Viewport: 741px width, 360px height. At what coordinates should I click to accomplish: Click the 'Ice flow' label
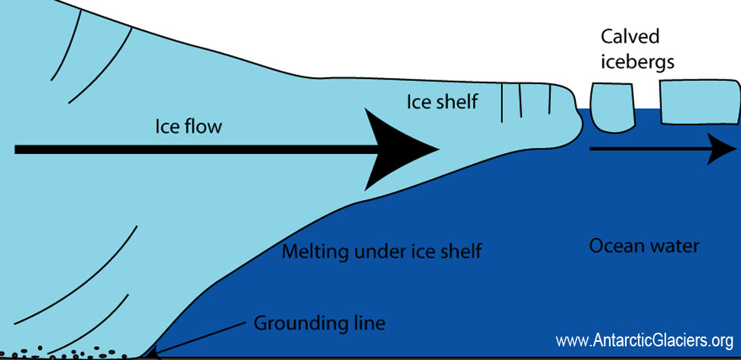(189, 126)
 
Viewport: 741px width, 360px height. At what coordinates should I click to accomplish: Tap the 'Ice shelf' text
(442, 101)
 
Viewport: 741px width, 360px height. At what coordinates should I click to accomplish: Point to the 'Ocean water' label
(644, 246)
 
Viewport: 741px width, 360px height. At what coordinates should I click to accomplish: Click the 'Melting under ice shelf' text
(381, 251)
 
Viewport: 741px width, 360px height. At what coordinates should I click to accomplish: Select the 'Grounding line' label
(319, 324)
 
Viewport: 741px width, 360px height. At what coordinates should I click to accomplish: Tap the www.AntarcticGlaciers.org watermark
(644, 340)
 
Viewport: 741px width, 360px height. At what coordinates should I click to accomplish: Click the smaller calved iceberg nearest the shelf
(610, 107)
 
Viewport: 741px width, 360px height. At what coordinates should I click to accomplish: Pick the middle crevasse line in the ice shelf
(519, 102)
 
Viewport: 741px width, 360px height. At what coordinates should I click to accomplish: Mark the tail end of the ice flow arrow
(19, 149)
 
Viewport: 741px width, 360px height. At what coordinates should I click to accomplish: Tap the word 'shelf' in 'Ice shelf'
(455, 101)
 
